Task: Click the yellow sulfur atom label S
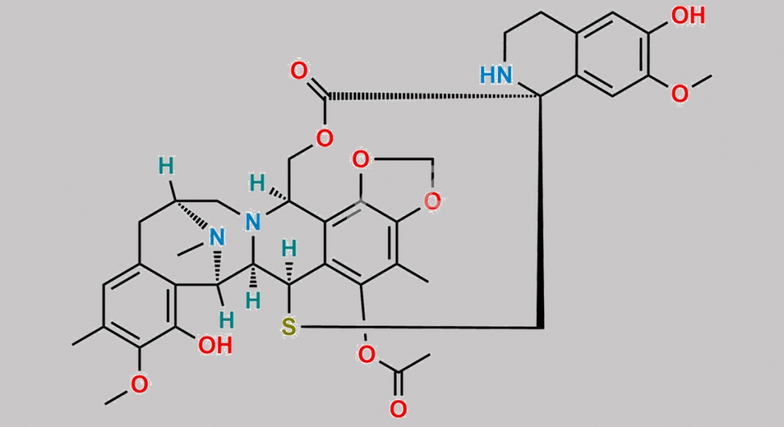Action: pos(288,329)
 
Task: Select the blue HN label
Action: pos(496,75)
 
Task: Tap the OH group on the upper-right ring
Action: pos(688,15)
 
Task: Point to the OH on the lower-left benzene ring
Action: pos(215,345)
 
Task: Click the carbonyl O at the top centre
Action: pos(299,71)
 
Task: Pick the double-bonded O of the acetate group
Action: pos(398,409)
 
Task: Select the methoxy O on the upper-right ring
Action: pos(679,94)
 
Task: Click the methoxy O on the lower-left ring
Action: pos(139,384)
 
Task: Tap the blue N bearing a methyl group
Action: pos(216,238)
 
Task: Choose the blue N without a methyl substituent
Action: pos(253,222)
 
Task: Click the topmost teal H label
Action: pos(167,165)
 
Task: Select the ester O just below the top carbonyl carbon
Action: pos(324,138)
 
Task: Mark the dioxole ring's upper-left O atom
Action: pos(361,159)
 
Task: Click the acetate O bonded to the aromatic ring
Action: pos(366,355)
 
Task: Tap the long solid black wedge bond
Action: pos(540,212)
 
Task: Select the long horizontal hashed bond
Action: pos(434,95)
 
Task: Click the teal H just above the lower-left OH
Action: pos(227,320)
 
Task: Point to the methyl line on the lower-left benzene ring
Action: pos(88,336)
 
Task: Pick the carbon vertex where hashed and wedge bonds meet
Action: pos(540,95)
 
